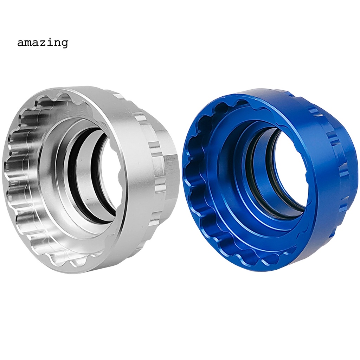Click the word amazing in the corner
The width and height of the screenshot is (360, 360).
click(42, 43)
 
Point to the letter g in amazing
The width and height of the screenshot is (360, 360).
click(64, 44)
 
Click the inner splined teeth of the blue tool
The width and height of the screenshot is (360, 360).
click(197, 176)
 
